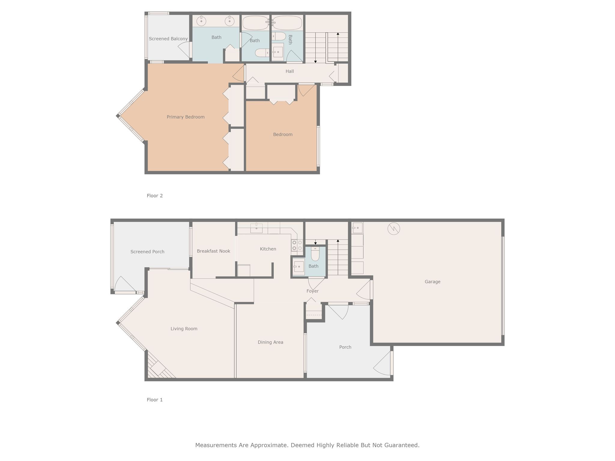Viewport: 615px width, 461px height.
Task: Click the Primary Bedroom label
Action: pyautogui.click(x=186, y=117)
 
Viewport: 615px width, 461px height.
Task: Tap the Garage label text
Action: pyautogui.click(x=432, y=282)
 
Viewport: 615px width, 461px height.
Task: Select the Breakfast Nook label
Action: pyautogui.click(x=214, y=251)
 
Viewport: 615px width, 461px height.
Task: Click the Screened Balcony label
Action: pyautogui.click(x=168, y=39)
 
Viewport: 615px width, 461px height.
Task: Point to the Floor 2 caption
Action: pyautogui.click(x=155, y=196)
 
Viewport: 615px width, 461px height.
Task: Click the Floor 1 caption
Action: pyautogui.click(x=155, y=400)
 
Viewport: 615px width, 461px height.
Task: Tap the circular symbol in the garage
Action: pyautogui.click(x=393, y=229)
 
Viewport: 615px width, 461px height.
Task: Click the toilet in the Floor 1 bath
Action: pyautogui.click(x=315, y=255)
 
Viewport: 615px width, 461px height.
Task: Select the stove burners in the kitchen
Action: pyautogui.click(x=297, y=245)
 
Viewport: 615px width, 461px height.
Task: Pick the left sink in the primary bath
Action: pyautogui.click(x=201, y=21)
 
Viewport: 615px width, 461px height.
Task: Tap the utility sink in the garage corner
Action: pyautogui.click(x=357, y=228)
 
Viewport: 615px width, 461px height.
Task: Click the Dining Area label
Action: pyautogui.click(x=270, y=342)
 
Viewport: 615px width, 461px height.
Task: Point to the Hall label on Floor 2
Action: pyautogui.click(x=289, y=71)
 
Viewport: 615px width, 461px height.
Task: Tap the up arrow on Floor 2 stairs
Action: pyautogui.click(x=338, y=34)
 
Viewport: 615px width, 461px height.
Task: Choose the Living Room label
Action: pyautogui.click(x=184, y=329)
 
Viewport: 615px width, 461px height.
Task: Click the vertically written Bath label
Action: pyautogui.click(x=290, y=40)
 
